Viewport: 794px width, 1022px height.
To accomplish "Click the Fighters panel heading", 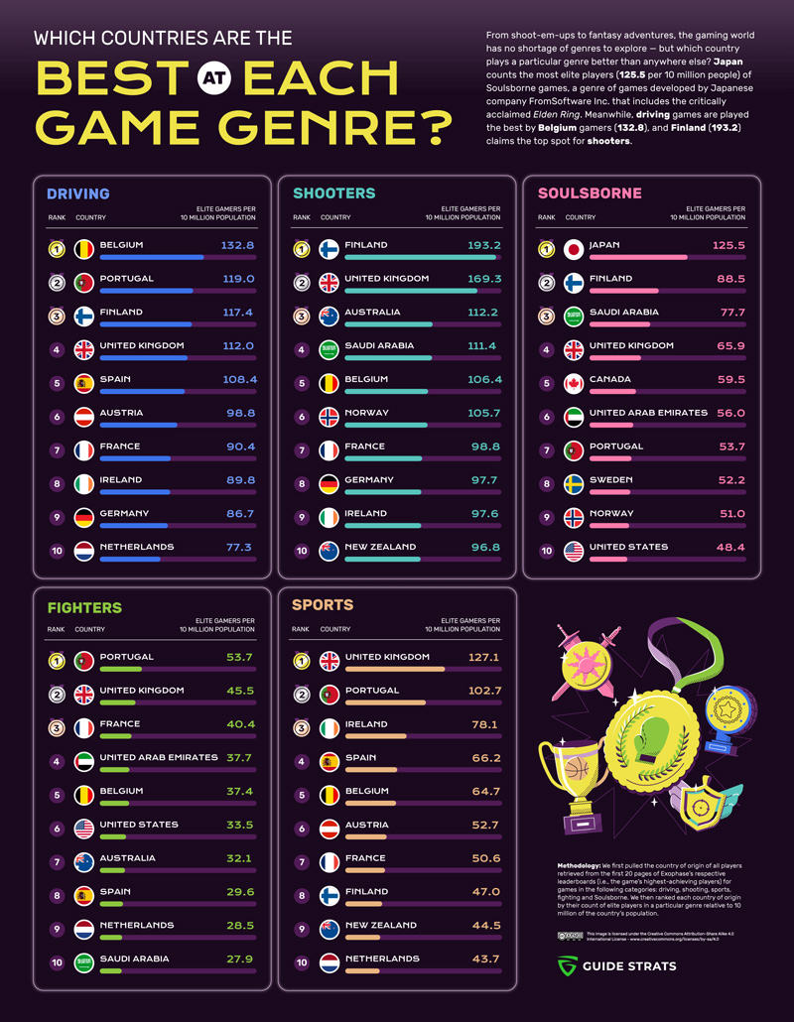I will (x=84, y=607).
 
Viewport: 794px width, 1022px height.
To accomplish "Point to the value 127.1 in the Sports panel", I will (x=484, y=657).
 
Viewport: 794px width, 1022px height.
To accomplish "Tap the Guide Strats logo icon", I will (x=567, y=966).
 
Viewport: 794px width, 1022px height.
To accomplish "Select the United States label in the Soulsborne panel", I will (x=628, y=547).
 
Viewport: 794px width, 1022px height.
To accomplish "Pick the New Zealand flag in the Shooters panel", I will (x=329, y=551).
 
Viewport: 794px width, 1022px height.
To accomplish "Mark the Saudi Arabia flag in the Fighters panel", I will (x=83, y=962).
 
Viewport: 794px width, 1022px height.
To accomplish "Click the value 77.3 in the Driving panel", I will (x=238, y=547).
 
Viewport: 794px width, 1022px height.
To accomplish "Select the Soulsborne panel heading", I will (x=590, y=193).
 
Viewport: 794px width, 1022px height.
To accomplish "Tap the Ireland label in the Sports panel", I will (x=366, y=724).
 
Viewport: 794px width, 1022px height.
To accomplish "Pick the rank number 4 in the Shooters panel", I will (x=301, y=349).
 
